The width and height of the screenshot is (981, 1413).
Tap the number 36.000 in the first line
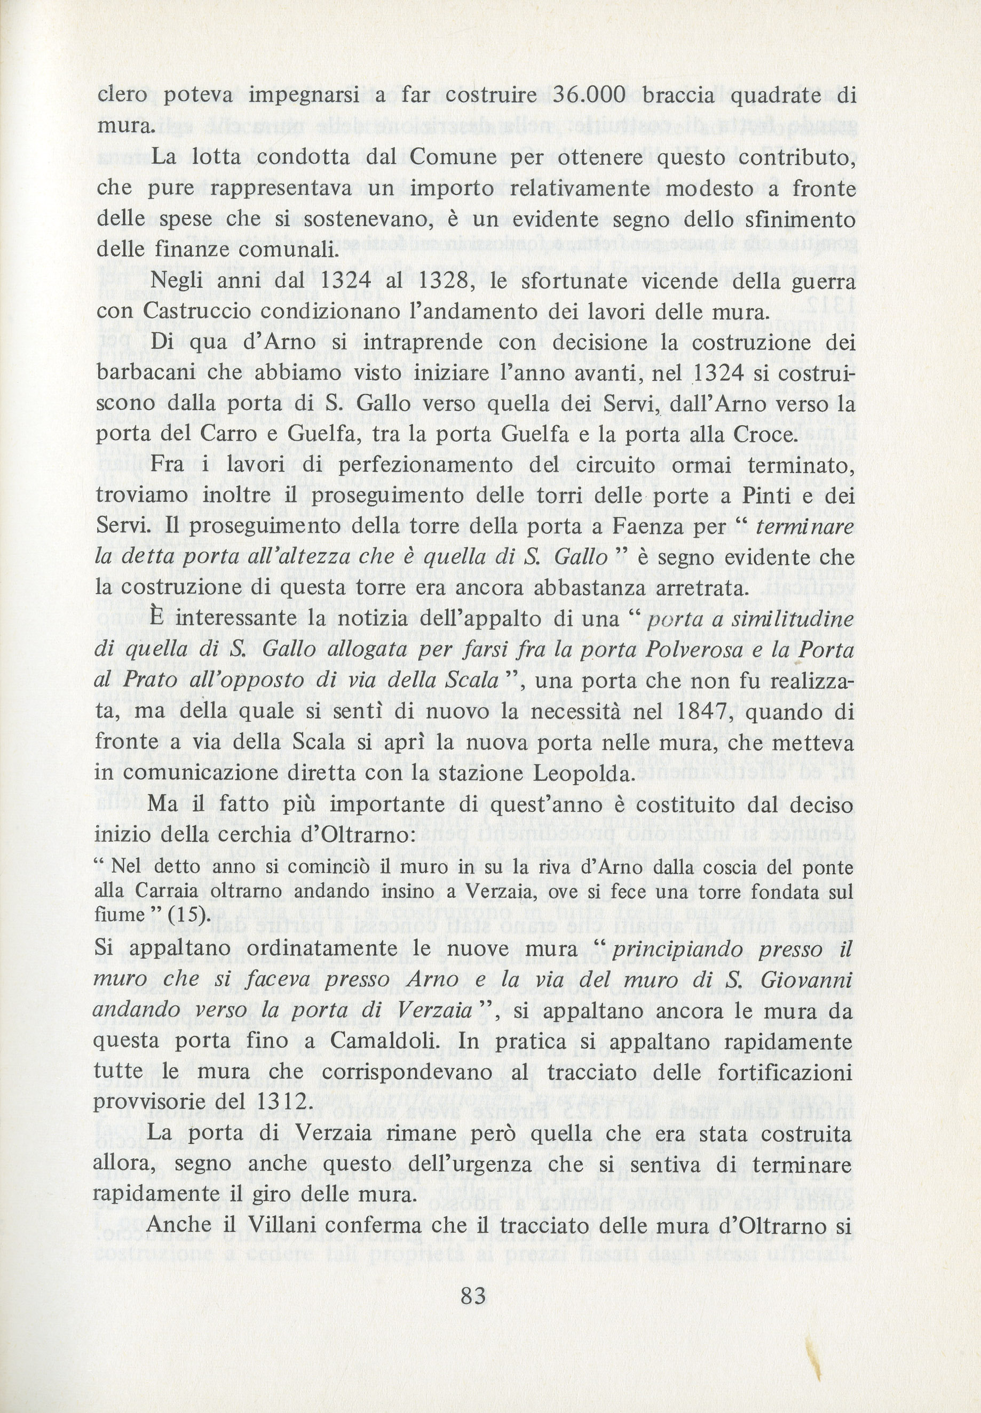(589, 95)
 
